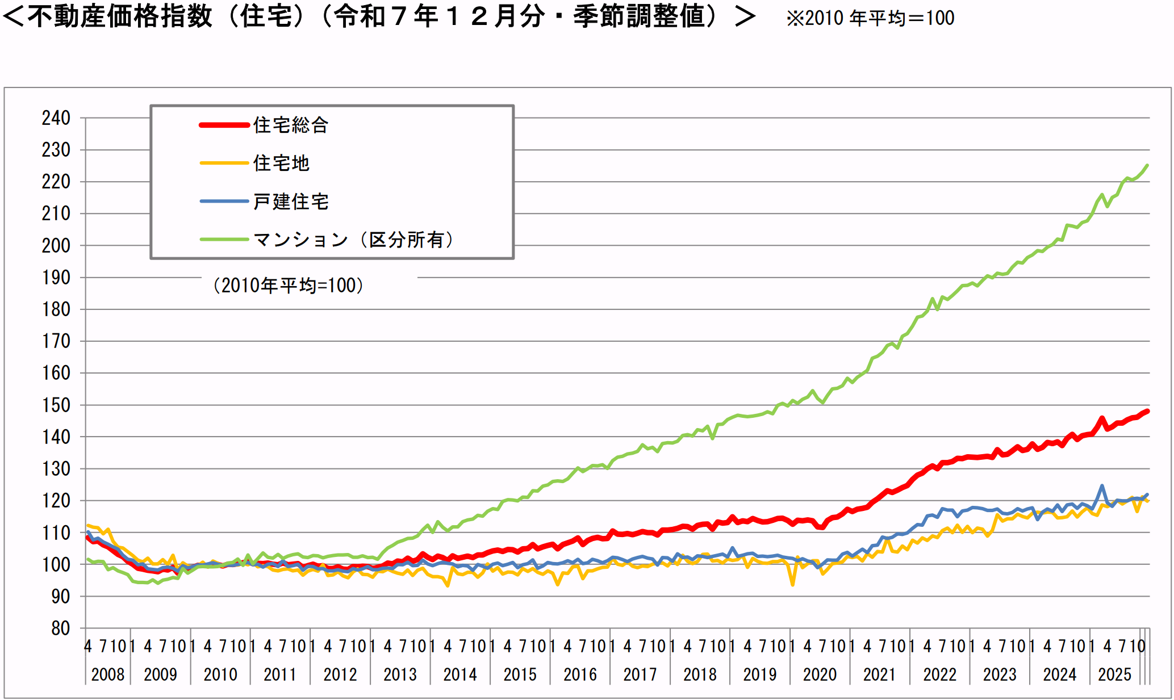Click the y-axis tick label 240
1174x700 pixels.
click(x=56, y=118)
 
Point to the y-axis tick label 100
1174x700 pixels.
click(x=56, y=565)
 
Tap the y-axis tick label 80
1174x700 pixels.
click(x=60, y=628)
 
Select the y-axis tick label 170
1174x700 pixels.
click(x=56, y=341)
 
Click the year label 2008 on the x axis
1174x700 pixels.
click(x=107, y=674)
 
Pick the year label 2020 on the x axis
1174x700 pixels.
click(x=820, y=674)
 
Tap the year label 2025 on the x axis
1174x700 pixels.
click(x=1114, y=674)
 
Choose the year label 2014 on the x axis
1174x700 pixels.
click(x=459, y=674)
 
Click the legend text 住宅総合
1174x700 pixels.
click(x=291, y=125)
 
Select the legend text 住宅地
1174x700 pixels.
click(x=281, y=163)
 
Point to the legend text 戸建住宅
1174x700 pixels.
click(x=291, y=201)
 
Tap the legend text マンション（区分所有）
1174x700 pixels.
click(x=353, y=240)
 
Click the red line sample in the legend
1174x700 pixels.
click(x=224, y=125)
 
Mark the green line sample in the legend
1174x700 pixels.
click(x=224, y=240)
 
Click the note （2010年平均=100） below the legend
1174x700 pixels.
click(x=288, y=285)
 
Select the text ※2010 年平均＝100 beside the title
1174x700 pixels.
click(x=870, y=18)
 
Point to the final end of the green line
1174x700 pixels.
click(x=1147, y=165)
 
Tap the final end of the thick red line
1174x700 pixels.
click(x=1147, y=411)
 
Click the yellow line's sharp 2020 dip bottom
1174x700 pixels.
click(x=793, y=584)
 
